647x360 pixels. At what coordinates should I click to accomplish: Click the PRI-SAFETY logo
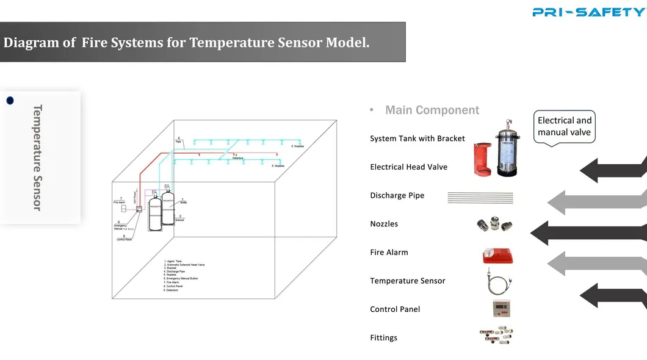coord(588,12)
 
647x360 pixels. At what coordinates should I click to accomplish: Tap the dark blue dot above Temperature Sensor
coord(10,101)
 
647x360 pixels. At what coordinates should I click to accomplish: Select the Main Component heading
coord(432,110)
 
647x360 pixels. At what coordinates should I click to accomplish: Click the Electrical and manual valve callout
coord(565,126)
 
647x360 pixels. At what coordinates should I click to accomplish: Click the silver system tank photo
coord(511,148)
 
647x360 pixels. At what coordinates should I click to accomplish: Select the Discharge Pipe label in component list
coord(397,195)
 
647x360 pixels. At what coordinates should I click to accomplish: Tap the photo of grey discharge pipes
coord(480,196)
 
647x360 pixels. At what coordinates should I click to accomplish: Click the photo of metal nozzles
coord(494,225)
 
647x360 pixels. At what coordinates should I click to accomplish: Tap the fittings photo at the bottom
coord(496,336)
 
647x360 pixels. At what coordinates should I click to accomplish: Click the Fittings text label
coord(383,337)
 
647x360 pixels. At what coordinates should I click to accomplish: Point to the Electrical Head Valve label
coord(408,167)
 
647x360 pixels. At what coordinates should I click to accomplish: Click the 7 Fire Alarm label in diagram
coord(120,200)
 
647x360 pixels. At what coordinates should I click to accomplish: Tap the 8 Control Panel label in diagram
coord(125,238)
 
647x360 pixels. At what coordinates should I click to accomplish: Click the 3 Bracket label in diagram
coord(179,218)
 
